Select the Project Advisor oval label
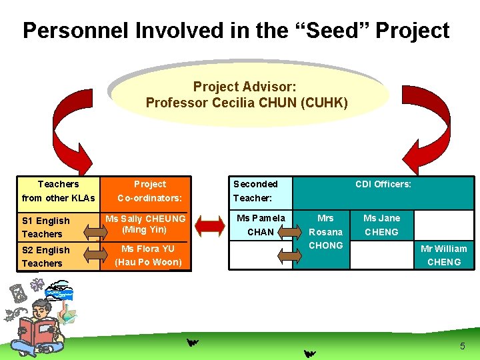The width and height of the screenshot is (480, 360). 246,94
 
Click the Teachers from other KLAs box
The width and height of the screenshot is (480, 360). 58,191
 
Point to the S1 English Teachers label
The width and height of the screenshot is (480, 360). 45,227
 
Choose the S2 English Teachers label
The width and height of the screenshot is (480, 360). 45,257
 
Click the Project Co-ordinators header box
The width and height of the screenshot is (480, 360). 149,191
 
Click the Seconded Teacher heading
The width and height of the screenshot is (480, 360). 255,191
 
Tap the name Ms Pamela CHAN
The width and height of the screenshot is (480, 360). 261,225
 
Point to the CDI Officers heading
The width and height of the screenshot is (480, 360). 383,184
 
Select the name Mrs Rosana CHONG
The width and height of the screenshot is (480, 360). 326,231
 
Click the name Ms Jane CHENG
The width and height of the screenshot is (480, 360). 381,225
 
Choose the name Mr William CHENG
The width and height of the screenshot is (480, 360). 443,255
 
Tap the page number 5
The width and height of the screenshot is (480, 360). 462,346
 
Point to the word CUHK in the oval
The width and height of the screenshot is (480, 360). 324,103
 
